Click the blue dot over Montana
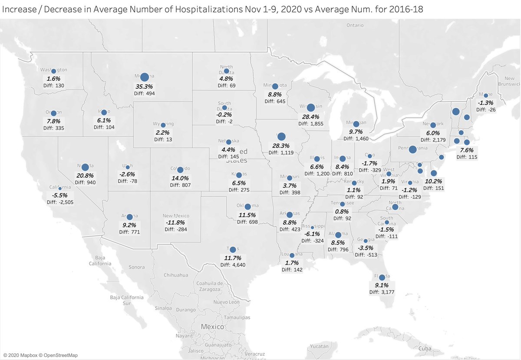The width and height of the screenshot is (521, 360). [x=144, y=77]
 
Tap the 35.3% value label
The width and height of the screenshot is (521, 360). [x=145, y=86]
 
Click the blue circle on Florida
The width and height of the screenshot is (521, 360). [x=382, y=277]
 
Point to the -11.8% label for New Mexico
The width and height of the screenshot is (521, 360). [x=176, y=223]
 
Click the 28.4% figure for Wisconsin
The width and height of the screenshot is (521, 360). [x=311, y=116]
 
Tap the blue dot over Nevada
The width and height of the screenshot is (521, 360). [x=85, y=167]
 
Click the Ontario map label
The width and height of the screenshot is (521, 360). [x=355, y=25]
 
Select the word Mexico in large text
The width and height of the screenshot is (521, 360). [x=213, y=327]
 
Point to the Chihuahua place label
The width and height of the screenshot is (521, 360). [x=176, y=275]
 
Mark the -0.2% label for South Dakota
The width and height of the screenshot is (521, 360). [x=224, y=116]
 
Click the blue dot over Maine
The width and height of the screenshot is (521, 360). [x=486, y=95]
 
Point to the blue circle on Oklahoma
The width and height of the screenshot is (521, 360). [x=247, y=207]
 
